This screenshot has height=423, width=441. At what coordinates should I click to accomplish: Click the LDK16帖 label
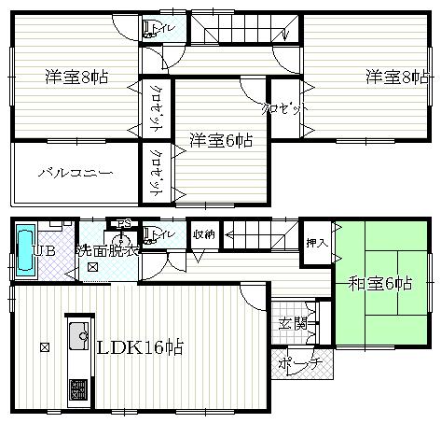pyautogui.click(x=140, y=347)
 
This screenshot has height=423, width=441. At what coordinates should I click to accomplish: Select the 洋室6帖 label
pyautogui.click(x=220, y=140)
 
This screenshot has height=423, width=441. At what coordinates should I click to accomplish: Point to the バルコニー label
pyautogui.click(x=76, y=174)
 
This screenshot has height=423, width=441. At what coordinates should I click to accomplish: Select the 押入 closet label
pyautogui.click(x=316, y=243)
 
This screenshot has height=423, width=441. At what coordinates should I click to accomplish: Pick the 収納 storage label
pyautogui.click(x=204, y=234)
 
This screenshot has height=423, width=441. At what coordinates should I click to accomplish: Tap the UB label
pyautogui.click(x=43, y=251)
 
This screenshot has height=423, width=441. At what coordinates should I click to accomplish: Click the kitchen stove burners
pyautogui.click(x=77, y=389)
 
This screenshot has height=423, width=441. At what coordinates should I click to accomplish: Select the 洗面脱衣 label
pyautogui.click(x=108, y=250)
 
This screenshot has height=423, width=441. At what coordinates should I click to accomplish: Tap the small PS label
pyautogui.click(x=121, y=222)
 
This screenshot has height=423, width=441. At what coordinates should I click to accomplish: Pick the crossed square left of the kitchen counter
pyautogui.click(x=45, y=347)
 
